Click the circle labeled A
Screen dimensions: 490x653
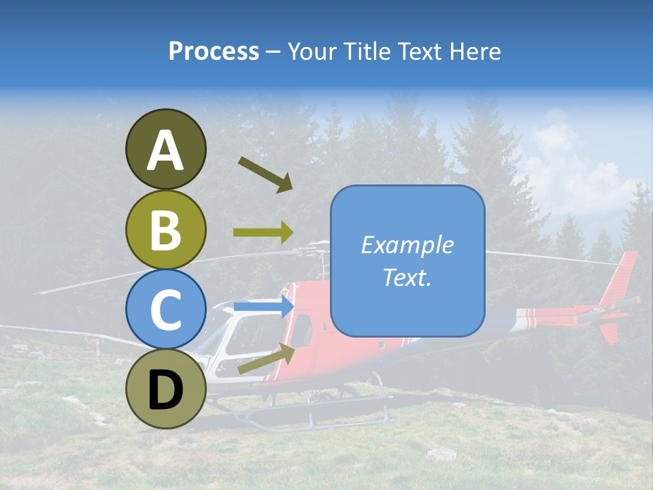(165, 149)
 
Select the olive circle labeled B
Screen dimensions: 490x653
(165, 229)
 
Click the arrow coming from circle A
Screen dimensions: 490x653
(265, 174)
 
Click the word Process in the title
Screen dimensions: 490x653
(214, 51)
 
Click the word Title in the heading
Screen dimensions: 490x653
(367, 51)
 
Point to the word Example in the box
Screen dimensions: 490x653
(407, 245)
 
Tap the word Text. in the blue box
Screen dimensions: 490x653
(407, 278)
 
